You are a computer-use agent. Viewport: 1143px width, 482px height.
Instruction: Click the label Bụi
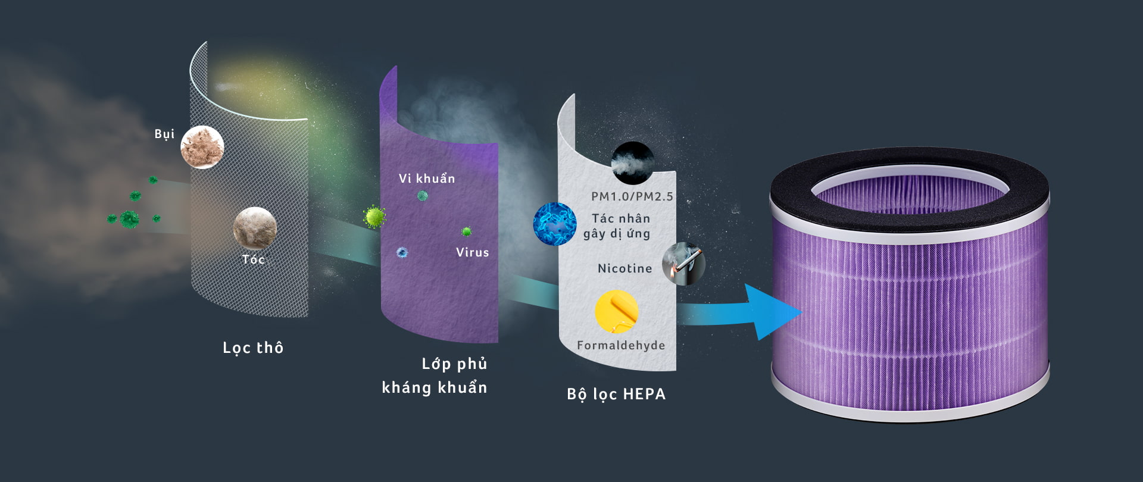(x=164, y=134)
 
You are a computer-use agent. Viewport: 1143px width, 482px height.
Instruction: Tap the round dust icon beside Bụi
(x=202, y=147)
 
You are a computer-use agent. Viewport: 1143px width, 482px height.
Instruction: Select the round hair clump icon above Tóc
(x=255, y=228)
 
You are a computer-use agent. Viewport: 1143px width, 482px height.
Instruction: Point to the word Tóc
(x=254, y=259)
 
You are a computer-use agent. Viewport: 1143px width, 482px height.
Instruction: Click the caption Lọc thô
(x=253, y=348)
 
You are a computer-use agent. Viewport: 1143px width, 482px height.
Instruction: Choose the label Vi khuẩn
(x=427, y=179)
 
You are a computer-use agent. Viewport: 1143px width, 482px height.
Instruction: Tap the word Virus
(x=473, y=252)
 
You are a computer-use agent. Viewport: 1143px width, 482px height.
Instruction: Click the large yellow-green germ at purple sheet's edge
(x=374, y=217)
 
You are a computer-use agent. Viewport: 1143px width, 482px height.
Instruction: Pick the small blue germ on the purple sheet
(x=402, y=252)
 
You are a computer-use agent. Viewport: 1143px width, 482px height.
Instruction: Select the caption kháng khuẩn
(x=435, y=387)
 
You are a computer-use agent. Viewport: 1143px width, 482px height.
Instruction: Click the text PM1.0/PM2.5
(x=632, y=196)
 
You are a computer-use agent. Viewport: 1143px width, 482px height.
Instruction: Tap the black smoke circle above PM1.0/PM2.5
(x=633, y=162)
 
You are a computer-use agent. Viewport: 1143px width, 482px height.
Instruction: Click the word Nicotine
(x=625, y=268)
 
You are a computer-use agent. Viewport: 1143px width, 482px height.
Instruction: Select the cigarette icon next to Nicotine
(x=683, y=264)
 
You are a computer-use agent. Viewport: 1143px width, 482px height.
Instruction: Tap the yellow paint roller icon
(x=617, y=311)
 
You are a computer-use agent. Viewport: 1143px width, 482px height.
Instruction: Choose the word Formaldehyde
(x=621, y=345)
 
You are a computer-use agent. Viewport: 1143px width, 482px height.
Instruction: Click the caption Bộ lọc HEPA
(x=616, y=394)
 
